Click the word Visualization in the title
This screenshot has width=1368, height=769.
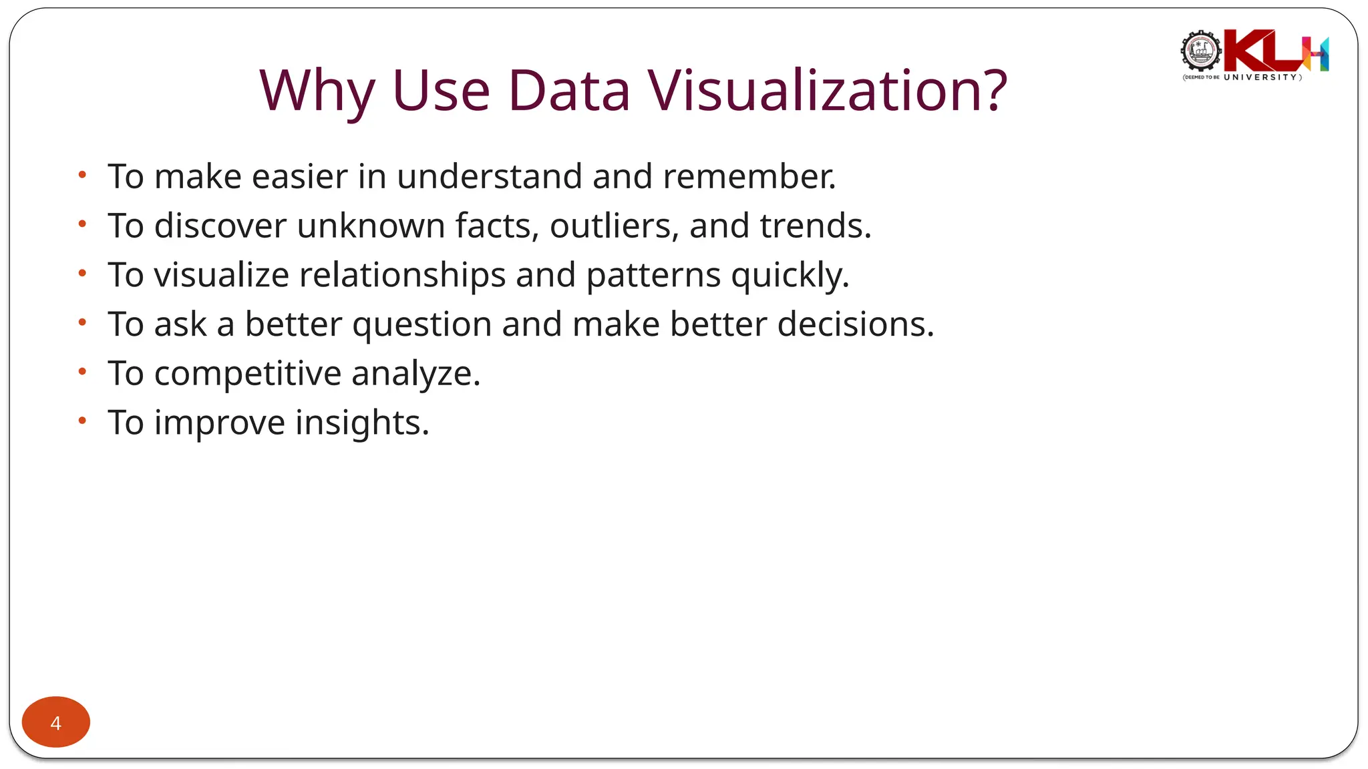pos(827,90)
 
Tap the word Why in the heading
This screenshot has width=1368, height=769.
pos(317,90)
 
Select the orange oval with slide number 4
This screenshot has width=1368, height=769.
pos(56,722)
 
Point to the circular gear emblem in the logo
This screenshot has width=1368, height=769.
pos(1201,51)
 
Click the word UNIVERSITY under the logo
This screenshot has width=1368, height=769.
pos(1260,77)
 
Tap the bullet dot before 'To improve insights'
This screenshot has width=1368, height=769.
pos(82,421)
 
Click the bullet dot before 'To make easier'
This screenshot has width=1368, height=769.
pos(82,175)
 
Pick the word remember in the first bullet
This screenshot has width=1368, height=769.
pos(749,177)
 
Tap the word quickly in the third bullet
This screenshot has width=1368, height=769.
pos(790,275)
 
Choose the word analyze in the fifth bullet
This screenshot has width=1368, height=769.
pos(415,374)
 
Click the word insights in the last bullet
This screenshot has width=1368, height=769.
pos(362,423)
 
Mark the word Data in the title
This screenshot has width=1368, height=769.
pos(568,90)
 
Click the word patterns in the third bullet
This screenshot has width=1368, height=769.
pos(653,275)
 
